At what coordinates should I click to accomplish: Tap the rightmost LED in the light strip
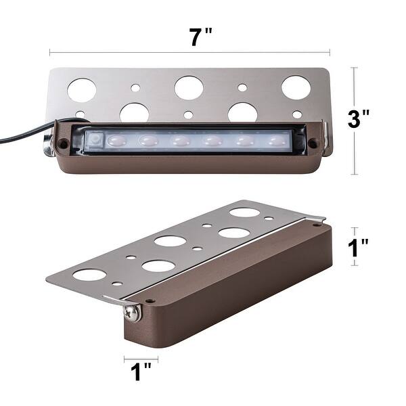pos(274,141)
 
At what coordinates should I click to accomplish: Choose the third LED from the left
pos(180,141)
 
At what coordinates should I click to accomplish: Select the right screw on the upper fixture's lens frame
pos(313,143)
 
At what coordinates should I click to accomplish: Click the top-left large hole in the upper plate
pos(82,89)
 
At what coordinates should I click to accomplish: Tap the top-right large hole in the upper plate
pos(296,87)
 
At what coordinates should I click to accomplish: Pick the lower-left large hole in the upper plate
pos(134,112)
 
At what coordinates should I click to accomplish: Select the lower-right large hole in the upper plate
pos(242,112)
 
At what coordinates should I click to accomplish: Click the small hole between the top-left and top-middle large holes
pos(136,88)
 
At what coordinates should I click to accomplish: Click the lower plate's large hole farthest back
pos(244,212)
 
